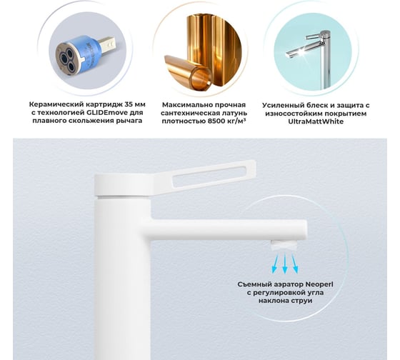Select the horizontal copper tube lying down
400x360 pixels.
click(x=187, y=72)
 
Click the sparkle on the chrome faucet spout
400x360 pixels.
click(x=301, y=52)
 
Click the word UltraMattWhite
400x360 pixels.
click(x=316, y=121)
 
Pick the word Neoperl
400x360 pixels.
click(x=319, y=284)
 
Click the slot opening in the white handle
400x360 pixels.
click(x=209, y=178)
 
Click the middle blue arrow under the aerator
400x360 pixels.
click(x=285, y=264)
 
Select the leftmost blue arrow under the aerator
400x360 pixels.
click(x=275, y=264)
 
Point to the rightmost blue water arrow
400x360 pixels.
click(x=294, y=264)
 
